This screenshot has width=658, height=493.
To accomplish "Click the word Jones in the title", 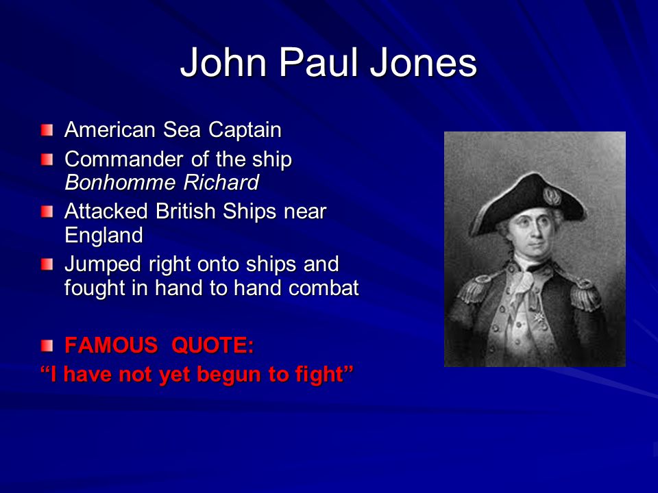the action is point(423,62).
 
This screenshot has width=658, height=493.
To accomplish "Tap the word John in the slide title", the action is point(223,62).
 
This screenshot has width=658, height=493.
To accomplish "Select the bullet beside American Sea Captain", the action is point(47,130).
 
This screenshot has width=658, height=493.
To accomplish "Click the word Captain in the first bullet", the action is point(245,130).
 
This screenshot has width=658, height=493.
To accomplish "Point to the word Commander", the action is point(124,160).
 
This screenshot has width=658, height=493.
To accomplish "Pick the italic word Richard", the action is point(221,182).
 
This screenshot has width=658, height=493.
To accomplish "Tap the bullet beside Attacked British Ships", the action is point(47,212).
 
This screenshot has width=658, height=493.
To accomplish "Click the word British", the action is point(185,212).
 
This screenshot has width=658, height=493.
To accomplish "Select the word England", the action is point(103,235).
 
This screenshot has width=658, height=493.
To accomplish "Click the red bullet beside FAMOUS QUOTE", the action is point(47,346).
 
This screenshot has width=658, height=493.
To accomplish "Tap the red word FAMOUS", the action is point(111,345).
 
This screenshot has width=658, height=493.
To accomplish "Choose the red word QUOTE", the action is point(212,345).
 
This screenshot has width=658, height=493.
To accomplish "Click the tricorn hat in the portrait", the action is point(528,203).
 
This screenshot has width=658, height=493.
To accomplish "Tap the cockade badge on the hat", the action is point(552,196).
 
